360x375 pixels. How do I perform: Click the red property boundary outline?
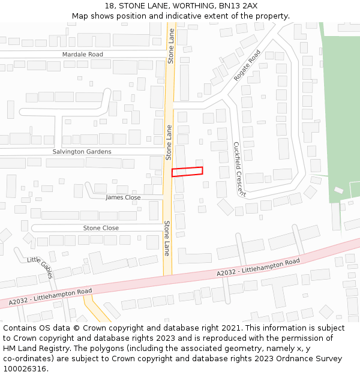pos(187,172)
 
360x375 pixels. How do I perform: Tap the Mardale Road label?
pos(83,55)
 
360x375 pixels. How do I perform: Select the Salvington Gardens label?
pos(82,152)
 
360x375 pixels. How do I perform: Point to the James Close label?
pos(123,197)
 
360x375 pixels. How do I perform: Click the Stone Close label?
pos(101,228)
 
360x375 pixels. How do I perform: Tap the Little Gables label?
pos(41,266)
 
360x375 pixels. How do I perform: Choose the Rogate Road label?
pos(247,65)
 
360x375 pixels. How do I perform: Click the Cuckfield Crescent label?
pos(239,169)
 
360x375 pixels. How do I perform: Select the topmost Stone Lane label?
pos(171,46)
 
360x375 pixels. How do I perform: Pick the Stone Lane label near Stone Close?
pos(167,238)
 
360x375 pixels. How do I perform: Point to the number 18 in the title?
pos(109,5)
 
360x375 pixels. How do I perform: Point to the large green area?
pos(341,108)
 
